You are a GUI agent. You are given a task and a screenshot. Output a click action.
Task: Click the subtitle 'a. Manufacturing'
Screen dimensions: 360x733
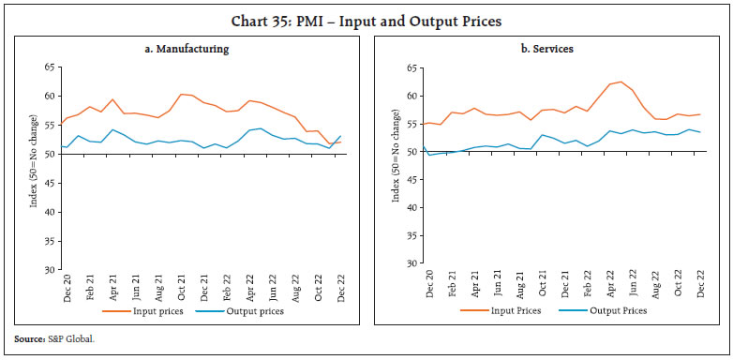(193, 47)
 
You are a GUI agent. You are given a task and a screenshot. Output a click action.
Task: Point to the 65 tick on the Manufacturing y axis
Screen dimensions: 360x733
(50, 67)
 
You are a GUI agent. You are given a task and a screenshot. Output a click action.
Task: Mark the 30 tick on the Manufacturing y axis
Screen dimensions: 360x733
(50, 270)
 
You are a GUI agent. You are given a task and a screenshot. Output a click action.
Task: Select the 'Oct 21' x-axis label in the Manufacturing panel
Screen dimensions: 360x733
(180, 286)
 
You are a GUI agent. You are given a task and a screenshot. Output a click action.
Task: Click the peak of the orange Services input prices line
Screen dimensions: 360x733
(620, 82)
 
